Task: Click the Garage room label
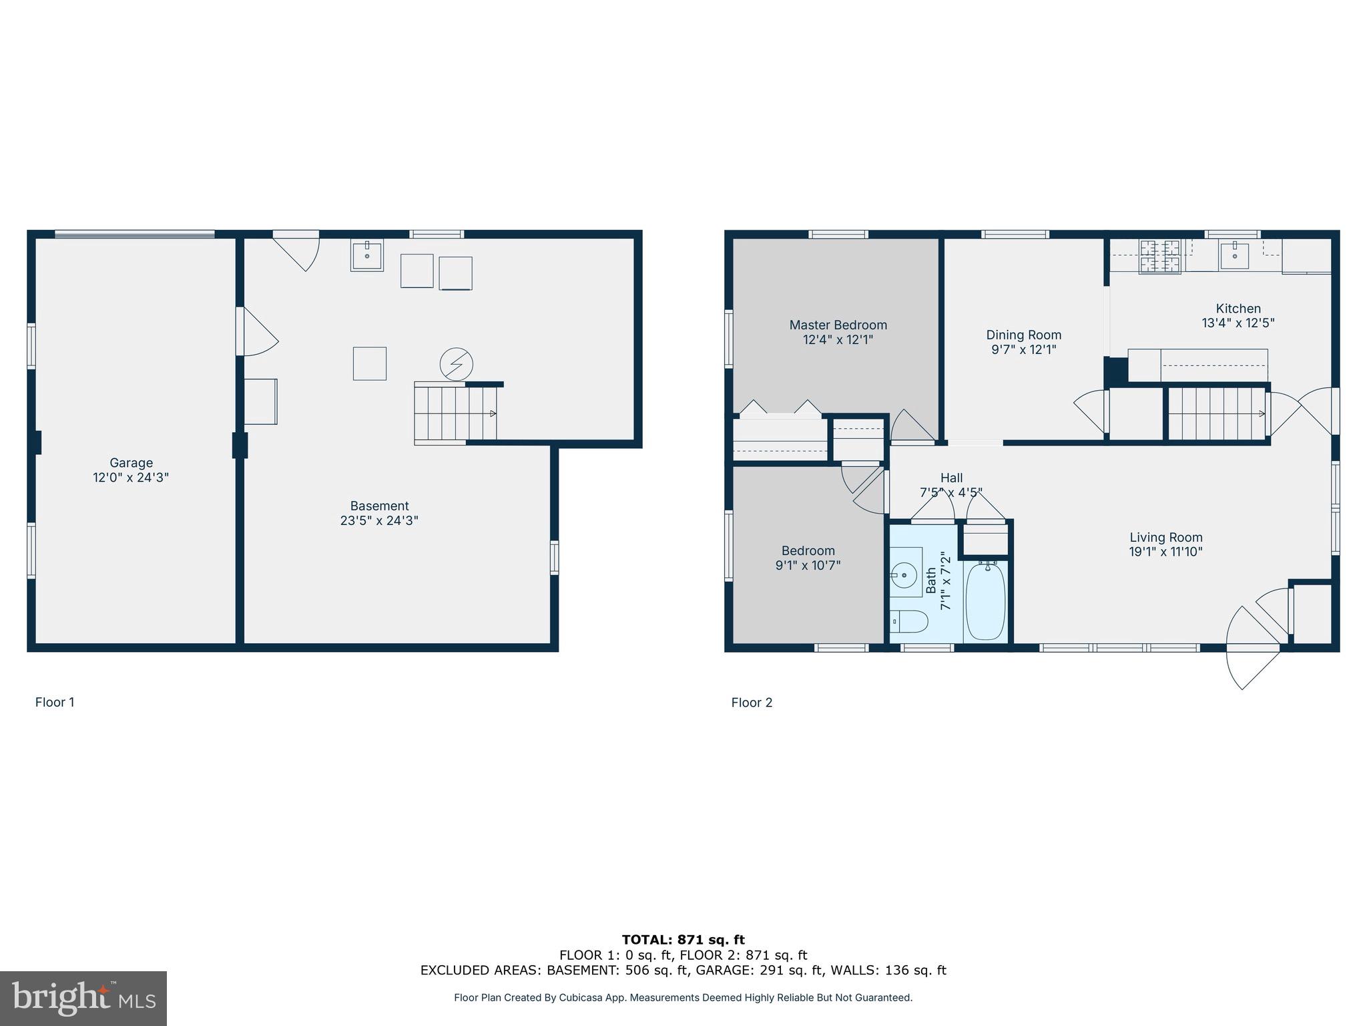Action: [x=131, y=462]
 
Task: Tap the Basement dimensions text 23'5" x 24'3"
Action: [x=379, y=520]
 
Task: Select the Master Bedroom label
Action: [x=838, y=325]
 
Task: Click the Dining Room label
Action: [x=1023, y=335]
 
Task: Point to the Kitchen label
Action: [x=1238, y=309]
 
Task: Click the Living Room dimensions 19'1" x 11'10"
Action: [x=1165, y=552]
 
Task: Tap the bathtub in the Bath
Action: [x=985, y=601]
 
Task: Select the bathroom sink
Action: [x=904, y=574]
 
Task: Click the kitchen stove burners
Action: [x=1160, y=256]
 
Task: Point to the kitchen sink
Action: [x=1234, y=254]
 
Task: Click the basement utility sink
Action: [x=367, y=255]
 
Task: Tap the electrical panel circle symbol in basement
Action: [x=457, y=365]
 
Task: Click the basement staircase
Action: [x=454, y=413]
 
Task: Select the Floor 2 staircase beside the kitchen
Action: [x=1217, y=413]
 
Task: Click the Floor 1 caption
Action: [x=55, y=702]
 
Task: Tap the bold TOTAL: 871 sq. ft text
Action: [x=683, y=940]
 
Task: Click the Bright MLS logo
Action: [x=83, y=998]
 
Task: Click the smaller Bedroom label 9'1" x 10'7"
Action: [x=808, y=558]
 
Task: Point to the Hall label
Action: [x=951, y=478]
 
